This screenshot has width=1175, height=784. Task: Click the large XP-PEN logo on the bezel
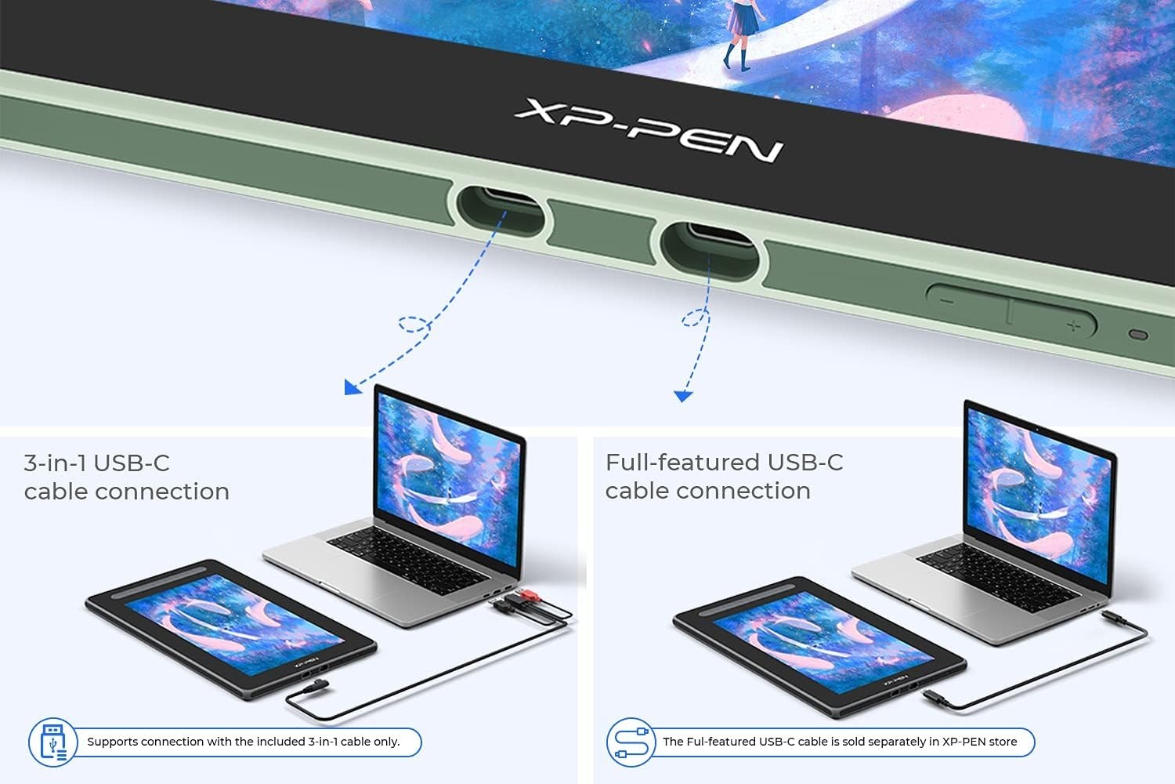649,129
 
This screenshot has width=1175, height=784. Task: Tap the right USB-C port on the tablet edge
709,250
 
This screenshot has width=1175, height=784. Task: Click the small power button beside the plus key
1138,335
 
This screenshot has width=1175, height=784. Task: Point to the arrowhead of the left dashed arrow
352,387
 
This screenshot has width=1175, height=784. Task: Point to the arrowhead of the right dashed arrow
683,396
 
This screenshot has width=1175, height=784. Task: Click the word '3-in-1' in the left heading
56,463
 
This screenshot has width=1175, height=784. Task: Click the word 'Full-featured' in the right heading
683,463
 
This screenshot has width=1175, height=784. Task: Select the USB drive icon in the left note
53,742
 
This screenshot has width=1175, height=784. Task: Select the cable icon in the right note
631,742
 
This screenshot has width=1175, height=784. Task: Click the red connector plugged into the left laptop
529,597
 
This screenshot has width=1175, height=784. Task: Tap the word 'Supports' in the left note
112,742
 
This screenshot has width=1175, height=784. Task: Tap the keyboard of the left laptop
408,560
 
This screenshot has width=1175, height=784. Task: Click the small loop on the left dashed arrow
414,324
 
